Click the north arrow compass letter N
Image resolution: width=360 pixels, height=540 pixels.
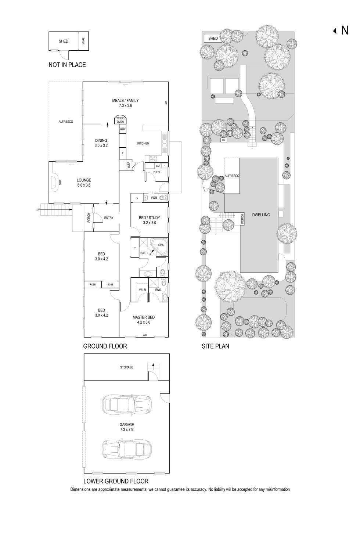tap(345, 30)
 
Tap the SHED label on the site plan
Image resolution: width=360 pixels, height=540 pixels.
tap(213, 38)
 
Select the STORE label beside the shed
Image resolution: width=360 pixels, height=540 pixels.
tap(83, 41)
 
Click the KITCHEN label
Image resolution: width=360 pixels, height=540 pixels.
tap(143, 143)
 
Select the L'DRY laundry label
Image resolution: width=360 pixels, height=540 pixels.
tap(156, 172)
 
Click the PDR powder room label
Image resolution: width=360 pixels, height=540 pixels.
tap(154, 198)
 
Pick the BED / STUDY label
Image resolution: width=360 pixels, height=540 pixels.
tap(150, 218)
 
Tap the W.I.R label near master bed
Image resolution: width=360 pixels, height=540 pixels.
tap(143, 290)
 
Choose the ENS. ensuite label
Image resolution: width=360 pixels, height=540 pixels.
tap(159, 290)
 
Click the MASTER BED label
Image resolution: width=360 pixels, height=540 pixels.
tap(144, 317)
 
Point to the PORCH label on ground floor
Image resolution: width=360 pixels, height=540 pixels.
tap(89, 218)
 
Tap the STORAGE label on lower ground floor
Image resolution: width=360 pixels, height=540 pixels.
tap(127, 367)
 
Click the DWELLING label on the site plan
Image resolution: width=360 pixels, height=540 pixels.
tap(261, 215)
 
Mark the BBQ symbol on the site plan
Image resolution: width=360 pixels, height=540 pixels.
tap(223, 140)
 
